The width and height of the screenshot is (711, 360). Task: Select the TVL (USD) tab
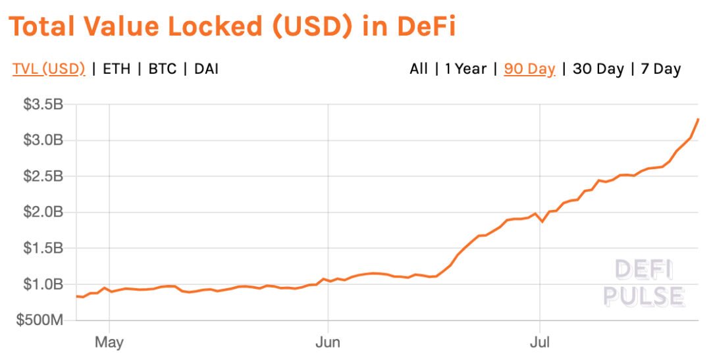pos(49,68)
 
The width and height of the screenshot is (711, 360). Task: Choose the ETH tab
pos(116,68)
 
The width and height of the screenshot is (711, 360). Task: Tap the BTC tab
pos(163,68)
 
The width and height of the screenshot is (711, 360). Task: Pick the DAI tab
pos(206,68)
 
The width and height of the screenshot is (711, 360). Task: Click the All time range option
pos(419,68)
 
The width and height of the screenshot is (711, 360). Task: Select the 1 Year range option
pos(465,68)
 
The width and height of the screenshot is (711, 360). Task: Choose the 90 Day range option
pos(529,68)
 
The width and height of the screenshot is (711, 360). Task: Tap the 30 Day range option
pos(598,68)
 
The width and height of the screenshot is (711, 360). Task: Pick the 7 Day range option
pos(661,68)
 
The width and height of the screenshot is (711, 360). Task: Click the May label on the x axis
pos(109,342)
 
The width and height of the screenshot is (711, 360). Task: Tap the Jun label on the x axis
pos(328,342)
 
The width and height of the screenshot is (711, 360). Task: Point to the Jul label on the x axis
pos(540,342)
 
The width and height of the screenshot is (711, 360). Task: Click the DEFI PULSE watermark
pos(644,283)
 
